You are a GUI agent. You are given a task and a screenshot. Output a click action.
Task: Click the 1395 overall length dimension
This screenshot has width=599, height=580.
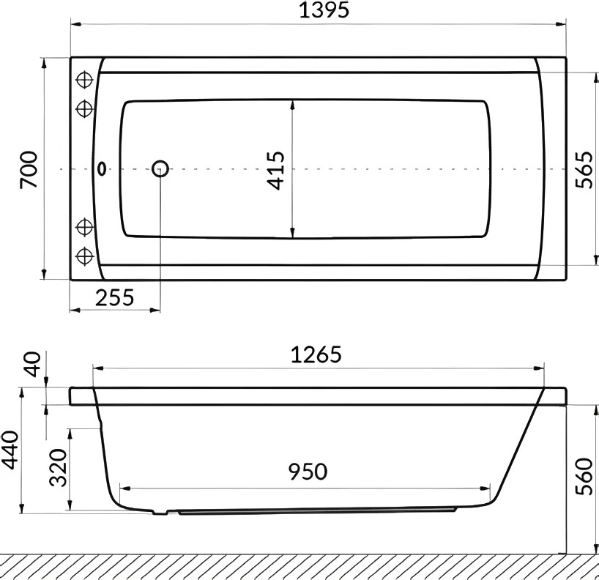click(x=324, y=10)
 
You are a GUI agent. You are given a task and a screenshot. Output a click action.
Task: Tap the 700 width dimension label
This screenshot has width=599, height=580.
click(x=29, y=169)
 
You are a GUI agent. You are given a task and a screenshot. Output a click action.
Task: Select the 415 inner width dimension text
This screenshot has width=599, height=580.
click(x=275, y=171)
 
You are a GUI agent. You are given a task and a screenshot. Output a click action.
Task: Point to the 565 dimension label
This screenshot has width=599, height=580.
click(x=584, y=170)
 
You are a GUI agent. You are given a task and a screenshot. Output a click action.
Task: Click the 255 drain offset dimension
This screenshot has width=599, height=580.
click(x=115, y=297)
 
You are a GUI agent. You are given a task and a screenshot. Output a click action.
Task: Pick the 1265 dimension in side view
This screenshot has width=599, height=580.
click(x=316, y=354)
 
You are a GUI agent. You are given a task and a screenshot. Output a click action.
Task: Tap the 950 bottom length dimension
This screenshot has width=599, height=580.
click(x=308, y=472)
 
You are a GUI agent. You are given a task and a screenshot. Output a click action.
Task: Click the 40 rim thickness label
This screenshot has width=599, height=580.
click(x=32, y=364)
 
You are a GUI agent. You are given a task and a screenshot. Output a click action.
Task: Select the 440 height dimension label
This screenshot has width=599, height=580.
click(x=10, y=450)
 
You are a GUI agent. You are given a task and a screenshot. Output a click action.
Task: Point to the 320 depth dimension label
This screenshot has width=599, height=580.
click(x=59, y=467)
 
